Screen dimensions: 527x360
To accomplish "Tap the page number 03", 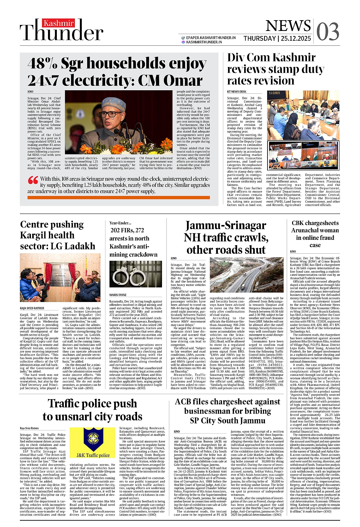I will (328, 31).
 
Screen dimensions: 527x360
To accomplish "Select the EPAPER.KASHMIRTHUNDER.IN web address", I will (211, 38).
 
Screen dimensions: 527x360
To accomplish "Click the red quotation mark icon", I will (33, 181).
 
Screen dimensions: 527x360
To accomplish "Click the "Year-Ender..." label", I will (120, 223).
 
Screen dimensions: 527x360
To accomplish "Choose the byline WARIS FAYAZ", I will (118, 295).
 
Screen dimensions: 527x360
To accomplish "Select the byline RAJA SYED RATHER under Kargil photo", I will (32, 308).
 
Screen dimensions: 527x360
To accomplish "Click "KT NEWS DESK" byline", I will (237, 92).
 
